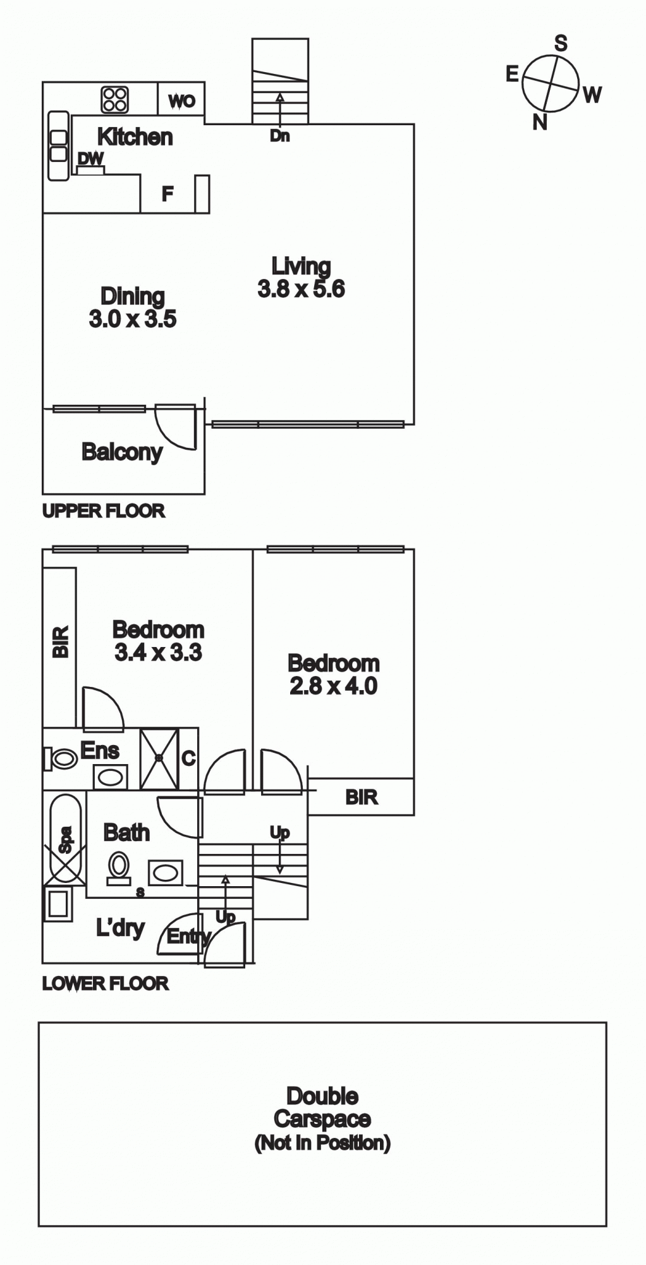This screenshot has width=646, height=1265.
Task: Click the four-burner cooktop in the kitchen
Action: [115, 99]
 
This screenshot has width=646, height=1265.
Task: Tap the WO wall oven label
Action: [181, 101]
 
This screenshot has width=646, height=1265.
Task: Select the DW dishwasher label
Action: [90, 159]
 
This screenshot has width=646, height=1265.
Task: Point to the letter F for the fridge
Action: [167, 194]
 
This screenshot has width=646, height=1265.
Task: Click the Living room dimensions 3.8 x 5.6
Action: [302, 289]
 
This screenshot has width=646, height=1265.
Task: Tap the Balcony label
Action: [122, 452]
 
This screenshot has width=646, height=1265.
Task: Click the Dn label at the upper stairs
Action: [279, 135]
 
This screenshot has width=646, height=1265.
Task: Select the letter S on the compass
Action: [561, 43]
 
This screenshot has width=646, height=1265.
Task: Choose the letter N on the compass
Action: [540, 122]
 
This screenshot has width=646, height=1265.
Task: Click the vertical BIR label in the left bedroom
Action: [61, 642]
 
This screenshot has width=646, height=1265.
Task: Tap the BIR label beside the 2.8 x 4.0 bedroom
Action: [362, 797]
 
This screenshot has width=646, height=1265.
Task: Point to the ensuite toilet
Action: [60, 758]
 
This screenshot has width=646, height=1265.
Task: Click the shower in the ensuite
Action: [159, 758]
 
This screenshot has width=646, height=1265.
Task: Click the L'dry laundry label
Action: [120, 929]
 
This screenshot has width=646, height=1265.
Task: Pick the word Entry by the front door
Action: [188, 937]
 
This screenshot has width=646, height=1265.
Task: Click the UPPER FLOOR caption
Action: [104, 511]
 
